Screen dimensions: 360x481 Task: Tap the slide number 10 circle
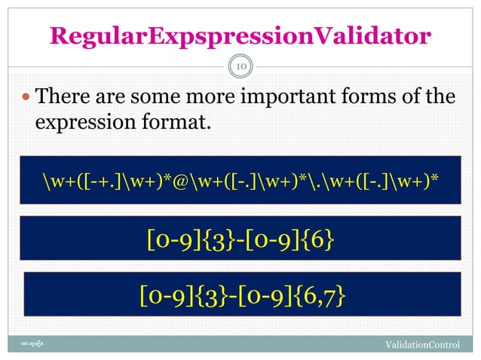(x=240, y=68)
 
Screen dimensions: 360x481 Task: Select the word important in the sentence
(x=286, y=97)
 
